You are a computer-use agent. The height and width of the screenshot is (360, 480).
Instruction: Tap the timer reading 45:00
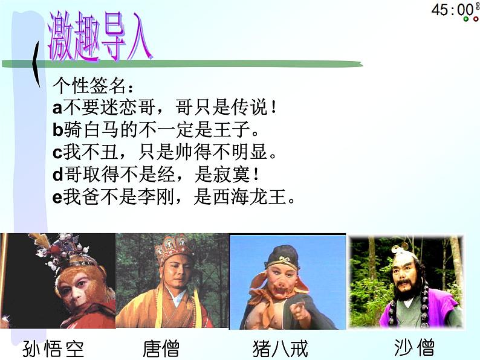tap(451, 10)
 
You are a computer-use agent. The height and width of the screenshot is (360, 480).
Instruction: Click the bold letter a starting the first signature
tap(57, 108)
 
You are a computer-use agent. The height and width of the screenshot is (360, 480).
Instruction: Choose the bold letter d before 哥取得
tap(58, 175)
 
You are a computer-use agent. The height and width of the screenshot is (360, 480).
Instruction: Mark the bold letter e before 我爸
tap(57, 198)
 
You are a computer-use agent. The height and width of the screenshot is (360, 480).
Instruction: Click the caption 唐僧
tap(161, 348)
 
